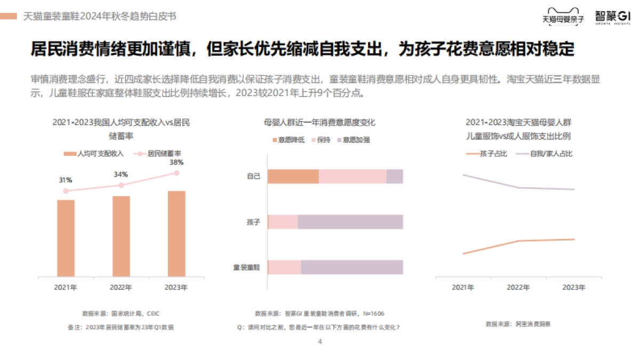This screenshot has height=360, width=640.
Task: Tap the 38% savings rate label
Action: pyautogui.click(x=177, y=162)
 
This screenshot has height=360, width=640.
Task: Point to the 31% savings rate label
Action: pyautogui.click(x=66, y=180)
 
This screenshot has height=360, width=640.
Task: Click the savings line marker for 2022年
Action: pyautogui.click(x=121, y=185)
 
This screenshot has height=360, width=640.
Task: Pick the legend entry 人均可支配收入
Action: pyautogui.click(x=94, y=154)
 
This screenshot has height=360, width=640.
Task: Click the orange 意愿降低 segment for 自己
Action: pyautogui.click(x=293, y=177)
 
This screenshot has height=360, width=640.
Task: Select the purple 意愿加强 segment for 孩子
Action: pyautogui.click(x=350, y=222)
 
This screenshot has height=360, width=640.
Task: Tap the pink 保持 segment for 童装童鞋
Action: pyautogui.click(x=285, y=267)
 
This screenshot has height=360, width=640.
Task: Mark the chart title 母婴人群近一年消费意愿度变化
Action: pyautogui.click(x=319, y=123)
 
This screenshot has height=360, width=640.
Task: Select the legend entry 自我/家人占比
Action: pyautogui.click(x=545, y=154)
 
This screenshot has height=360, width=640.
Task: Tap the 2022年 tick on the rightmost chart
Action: pyautogui.click(x=518, y=287)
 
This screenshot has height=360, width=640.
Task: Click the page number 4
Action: pyautogui.click(x=319, y=342)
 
